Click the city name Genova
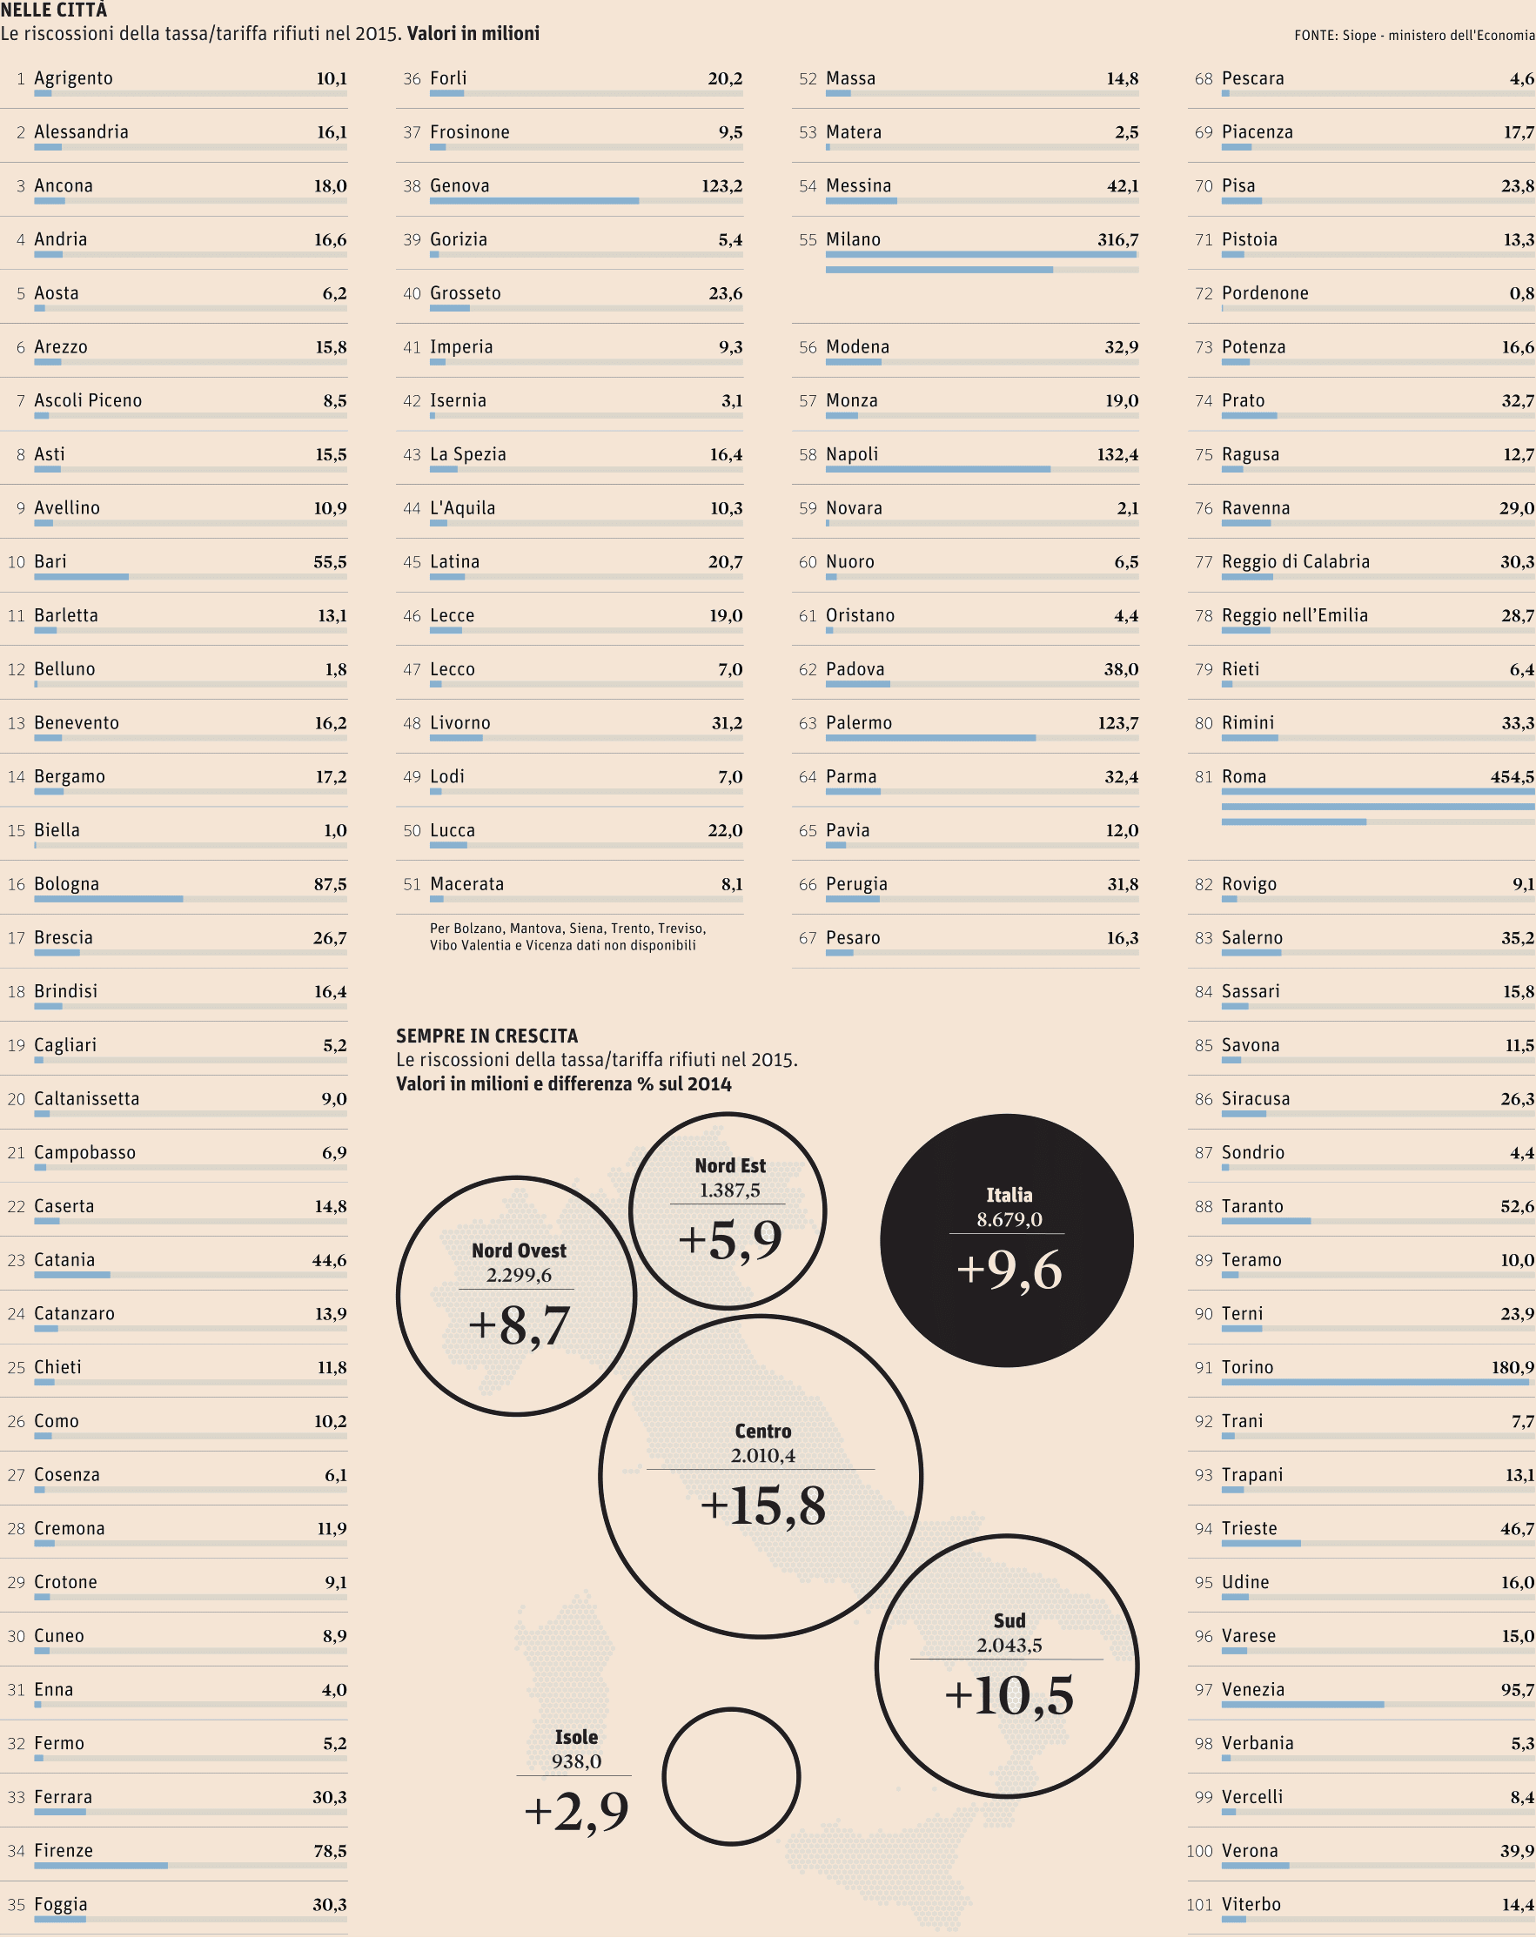click(459, 186)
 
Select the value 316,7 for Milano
click(1117, 240)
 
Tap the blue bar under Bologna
click(109, 899)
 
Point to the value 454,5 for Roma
click(1512, 776)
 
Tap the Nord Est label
click(730, 1166)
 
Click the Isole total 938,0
click(576, 1761)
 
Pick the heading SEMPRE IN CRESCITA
click(487, 1036)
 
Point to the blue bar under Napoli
click(937, 469)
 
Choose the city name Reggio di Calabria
click(1295, 562)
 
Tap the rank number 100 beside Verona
click(1199, 1851)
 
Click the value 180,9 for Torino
click(1513, 1367)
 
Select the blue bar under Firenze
click(101, 1865)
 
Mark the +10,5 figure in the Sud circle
click(1009, 1696)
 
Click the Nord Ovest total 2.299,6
click(519, 1275)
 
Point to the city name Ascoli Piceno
click(88, 401)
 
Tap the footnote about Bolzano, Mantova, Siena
click(567, 936)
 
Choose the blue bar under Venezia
click(1302, 1704)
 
